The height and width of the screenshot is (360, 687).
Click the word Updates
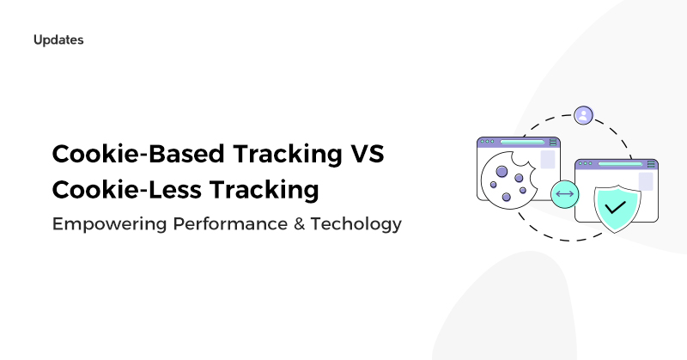pyautogui.click(x=58, y=40)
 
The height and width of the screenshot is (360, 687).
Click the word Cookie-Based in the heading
pyautogui.click(x=138, y=154)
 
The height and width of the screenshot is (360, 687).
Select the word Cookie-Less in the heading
pyautogui.click(x=127, y=189)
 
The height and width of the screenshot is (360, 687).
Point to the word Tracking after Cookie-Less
pyautogui.click(x=264, y=190)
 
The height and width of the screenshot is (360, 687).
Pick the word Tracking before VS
pyautogui.click(x=288, y=155)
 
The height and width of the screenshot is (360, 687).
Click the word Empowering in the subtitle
pyautogui.click(x=110, y=224)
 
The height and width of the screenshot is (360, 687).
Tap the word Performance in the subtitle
pyautogui.click(x=230, y=223)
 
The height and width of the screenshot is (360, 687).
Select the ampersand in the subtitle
pyautogui.click(x=299, y=223)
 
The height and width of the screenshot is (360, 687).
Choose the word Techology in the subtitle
pyautogui.click(x=356, y=224)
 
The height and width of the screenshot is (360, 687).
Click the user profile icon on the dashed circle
pyautogui.click(x=583, y=115)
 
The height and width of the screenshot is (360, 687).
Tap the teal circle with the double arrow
pyautogui.click(x=565, y=194)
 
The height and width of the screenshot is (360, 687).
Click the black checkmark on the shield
pyautogui.click(x=615, y=206)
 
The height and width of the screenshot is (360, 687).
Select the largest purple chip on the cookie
pyautogui.click(x=502, y=172)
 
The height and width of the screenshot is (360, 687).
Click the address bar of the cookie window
pyautogui.click(x=522, y=142)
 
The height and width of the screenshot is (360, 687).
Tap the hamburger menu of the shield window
pyautogui.click(x=651, y=164)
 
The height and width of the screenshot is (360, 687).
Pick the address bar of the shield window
pyautogui.click(x=620, y=164)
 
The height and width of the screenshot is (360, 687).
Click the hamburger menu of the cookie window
pyautogui.click(x=553, y=142)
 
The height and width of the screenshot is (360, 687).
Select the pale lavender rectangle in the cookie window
pyautogui.click(x=548, y=160)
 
